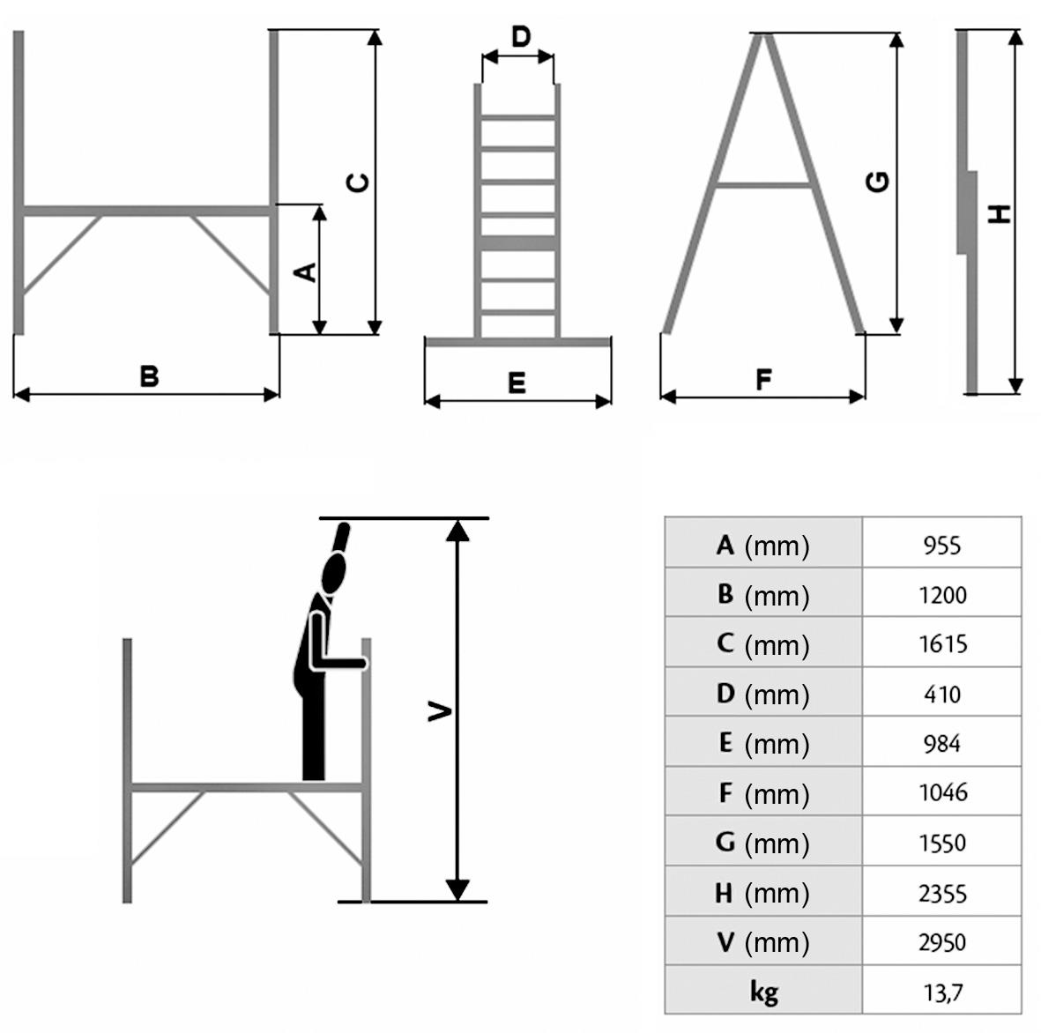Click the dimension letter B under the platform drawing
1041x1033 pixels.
pos(150,376)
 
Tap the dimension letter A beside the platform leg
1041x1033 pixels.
pos(305,272)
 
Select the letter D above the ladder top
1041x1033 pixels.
pos(521,37)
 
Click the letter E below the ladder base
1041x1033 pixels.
pos(517,383)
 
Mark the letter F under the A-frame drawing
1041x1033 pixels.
pos(763,380)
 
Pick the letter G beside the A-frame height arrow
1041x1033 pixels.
pos(878,182)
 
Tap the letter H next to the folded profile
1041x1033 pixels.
pos(999,213)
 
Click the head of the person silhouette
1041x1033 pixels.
pos(334,573)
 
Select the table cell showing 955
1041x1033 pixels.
pos(941,546)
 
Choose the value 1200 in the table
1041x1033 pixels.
pos(941,595)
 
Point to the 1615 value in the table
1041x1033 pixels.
pos(941,644)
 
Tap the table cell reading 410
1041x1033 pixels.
pos(941,695)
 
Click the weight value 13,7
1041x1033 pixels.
pos(941,992)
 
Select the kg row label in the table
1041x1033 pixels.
pos(763,992)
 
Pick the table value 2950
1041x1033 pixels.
pos(941,942)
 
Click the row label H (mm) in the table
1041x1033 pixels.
pos(763,893)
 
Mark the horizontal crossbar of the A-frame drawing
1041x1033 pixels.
pos(763,185)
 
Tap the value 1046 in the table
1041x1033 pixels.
pos(941,793)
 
